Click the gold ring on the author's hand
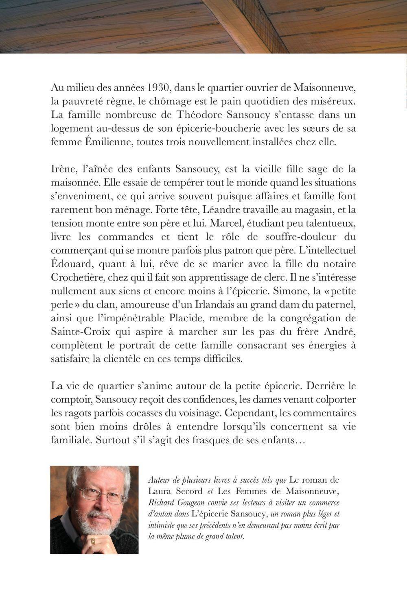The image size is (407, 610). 93,541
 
